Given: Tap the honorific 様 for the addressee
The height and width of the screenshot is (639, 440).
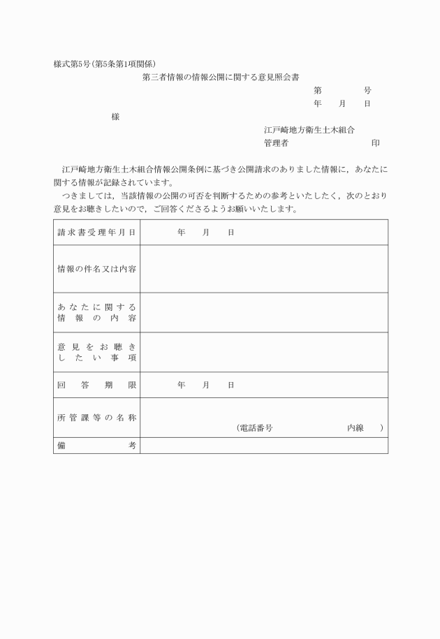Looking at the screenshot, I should point(115,117).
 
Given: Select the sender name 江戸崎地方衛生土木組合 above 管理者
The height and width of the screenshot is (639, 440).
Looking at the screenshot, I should point(309,130).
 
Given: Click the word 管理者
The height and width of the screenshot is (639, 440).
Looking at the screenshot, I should point(277,143).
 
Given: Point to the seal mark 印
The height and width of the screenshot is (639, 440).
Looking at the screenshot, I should point(375,143).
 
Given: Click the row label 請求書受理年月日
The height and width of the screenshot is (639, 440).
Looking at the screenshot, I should point(96,232).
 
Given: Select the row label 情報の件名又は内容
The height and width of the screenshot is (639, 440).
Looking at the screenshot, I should point(96,269).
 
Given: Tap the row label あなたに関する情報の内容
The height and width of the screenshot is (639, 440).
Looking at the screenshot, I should point(96,313).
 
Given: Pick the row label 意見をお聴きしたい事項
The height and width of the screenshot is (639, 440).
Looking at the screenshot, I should point(96,353).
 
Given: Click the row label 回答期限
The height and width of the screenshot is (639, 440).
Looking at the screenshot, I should point(96,385).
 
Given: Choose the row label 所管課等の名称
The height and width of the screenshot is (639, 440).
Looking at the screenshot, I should point(96,418).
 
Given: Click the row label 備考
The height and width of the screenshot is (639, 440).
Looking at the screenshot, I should point(96,446).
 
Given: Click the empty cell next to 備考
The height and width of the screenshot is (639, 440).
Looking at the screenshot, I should point(264,446).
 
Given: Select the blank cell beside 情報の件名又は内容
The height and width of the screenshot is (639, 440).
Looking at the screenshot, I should point(264,269).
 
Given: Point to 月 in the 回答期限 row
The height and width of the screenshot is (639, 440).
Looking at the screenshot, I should point(206,385).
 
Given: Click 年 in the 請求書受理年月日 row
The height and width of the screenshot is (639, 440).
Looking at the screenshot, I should point(181,232).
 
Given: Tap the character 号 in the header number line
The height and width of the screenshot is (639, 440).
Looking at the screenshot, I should point(367,91).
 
